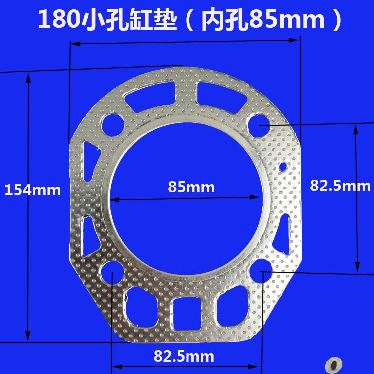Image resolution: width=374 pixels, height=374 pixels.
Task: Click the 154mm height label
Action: [x=32, y=190]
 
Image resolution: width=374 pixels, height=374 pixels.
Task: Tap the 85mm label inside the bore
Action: [x=191, y=187]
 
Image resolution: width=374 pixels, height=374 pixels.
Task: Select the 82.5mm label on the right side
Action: [x=340, y=186]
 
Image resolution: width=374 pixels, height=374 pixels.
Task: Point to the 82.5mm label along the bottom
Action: [x=184, y=356]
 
